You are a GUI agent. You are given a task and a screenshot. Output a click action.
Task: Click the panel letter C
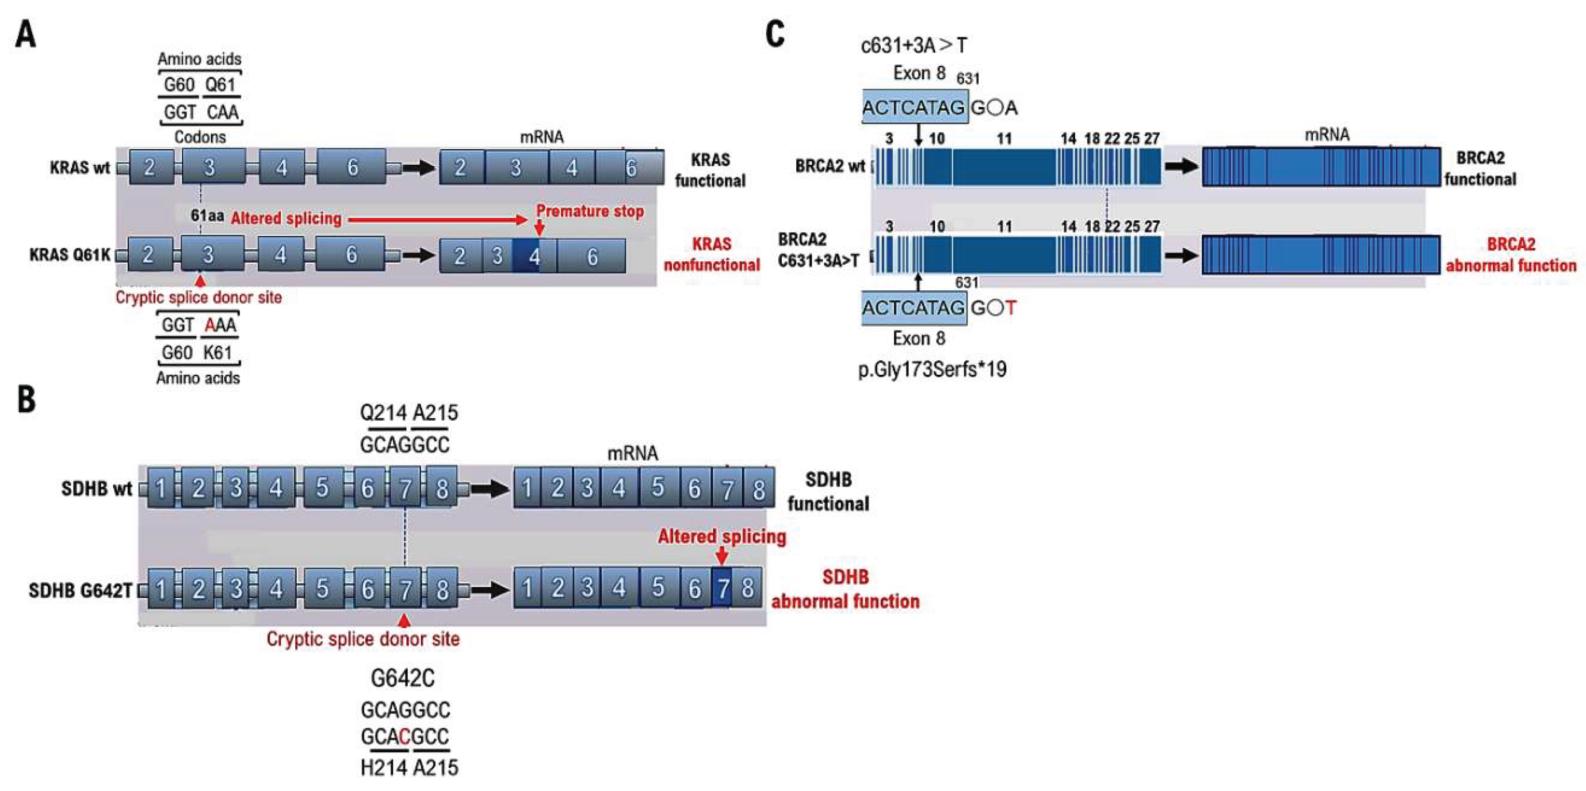775,34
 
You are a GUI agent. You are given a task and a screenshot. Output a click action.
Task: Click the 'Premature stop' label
589,211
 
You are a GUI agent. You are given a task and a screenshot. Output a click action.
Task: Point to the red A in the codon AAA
210,325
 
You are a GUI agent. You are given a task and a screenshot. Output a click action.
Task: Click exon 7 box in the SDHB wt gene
405,489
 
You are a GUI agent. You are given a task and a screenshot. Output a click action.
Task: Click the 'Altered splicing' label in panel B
721,536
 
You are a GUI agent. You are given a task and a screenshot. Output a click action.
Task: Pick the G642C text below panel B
403,678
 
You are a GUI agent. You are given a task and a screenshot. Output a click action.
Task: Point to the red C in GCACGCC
404,736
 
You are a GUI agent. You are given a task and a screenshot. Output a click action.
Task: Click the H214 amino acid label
384,768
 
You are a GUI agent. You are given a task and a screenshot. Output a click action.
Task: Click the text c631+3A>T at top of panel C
913,45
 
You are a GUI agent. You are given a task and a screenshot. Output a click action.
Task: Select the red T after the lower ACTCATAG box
1010,308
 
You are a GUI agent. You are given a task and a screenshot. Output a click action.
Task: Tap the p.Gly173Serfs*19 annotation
932,369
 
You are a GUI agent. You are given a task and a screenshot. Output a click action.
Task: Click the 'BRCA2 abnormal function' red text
1510,255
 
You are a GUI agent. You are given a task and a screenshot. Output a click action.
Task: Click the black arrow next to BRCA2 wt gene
1181,166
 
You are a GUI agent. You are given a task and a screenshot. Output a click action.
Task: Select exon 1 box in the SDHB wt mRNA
527,489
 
